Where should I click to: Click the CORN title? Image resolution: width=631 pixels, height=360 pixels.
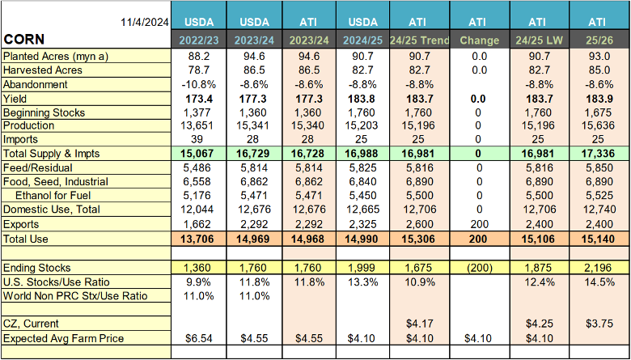click(x=25, y=40)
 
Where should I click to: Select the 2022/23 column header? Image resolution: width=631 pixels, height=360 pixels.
click(x=199, y=40)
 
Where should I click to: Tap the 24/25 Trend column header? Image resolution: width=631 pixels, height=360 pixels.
click(x=418, y=40)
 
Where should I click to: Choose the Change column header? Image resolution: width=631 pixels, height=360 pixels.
click(x=480, y=40)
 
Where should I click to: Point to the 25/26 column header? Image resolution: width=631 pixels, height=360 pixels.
click(x=599, y=40)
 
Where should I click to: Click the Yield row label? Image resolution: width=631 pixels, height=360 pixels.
click(x=16, y=98)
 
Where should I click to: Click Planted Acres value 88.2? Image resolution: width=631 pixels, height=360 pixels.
click(x=199, y=57)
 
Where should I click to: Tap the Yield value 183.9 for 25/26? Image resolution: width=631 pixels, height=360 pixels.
click(x=599, y=98)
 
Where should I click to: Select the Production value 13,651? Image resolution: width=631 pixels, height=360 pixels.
click(x=199, y=125)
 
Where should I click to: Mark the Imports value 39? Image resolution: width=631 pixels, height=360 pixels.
click(x=199, y=139)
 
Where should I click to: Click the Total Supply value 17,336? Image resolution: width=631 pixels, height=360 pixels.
click(x=599, y=154)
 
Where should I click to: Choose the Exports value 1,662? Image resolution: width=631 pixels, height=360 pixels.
click(x=199, y=223)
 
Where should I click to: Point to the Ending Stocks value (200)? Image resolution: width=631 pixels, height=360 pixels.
click(x=480, y=268)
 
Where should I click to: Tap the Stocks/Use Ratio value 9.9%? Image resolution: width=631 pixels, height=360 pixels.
click(x=199, y=282)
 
